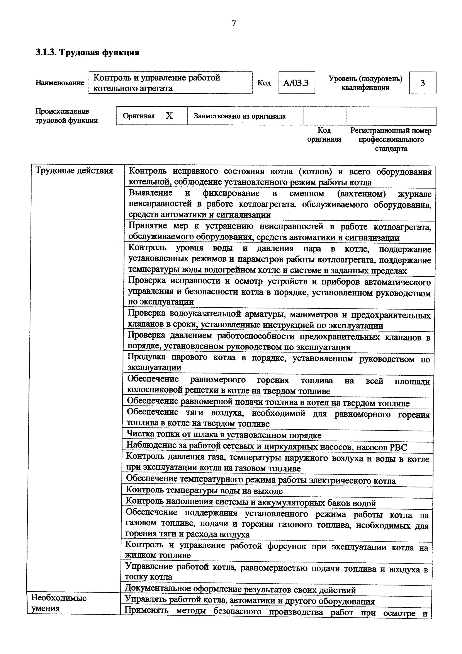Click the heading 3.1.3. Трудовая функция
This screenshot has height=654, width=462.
[87, 52]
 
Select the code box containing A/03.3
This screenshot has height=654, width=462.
[296, 83]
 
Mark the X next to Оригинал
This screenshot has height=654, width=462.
[169, 116]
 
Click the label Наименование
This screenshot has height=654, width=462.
[60, 83]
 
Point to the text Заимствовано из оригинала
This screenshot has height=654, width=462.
[240, 116]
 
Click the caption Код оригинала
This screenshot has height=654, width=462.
[324, 135]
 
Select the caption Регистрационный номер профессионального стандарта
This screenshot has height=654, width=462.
[391, 140]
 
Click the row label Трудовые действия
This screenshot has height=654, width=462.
[74, 171]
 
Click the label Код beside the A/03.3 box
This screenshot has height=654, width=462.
[264, 83]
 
